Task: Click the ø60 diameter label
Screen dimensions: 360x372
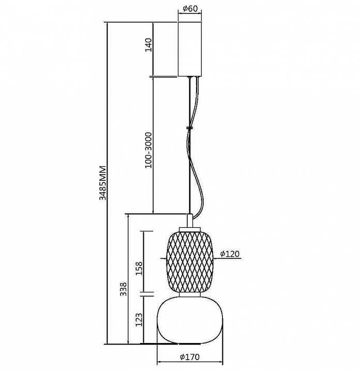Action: tap(190, 9)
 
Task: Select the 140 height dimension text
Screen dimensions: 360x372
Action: tap(148, 45)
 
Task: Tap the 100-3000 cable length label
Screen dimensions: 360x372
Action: tap(148, 150)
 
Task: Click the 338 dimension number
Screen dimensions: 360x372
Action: tap(123, 289)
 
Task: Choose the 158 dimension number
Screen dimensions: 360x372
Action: tap(139, 268)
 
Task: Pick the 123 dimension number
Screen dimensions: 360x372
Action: tap(139, 320)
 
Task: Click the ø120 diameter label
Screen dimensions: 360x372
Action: tap(230, 254)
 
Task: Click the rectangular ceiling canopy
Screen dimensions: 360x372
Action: tap(190, 49)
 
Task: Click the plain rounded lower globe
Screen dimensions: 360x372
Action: tap(190, 320)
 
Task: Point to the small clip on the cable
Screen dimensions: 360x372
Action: tap(189, 128)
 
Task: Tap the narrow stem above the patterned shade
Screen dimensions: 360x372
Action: tap(190, 221)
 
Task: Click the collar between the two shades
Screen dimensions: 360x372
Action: tap(190, 295)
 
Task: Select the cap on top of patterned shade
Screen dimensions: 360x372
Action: tap(190, 229)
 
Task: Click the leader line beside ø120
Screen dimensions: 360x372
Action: tap(228, 258)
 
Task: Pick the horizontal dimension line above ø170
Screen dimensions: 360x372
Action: tap(190, 362)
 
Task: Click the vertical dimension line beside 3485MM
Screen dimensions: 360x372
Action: tap(108, 183)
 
